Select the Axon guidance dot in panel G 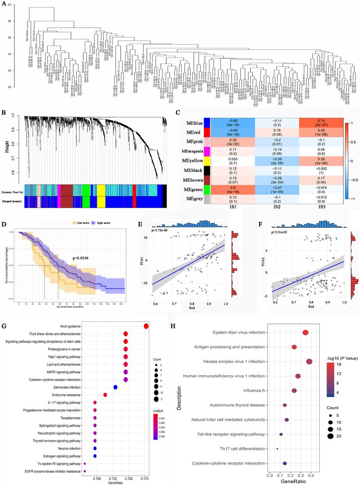coord(146,326)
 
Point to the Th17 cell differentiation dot coord(277,449)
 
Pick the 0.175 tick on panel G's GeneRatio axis coord(146,479)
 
